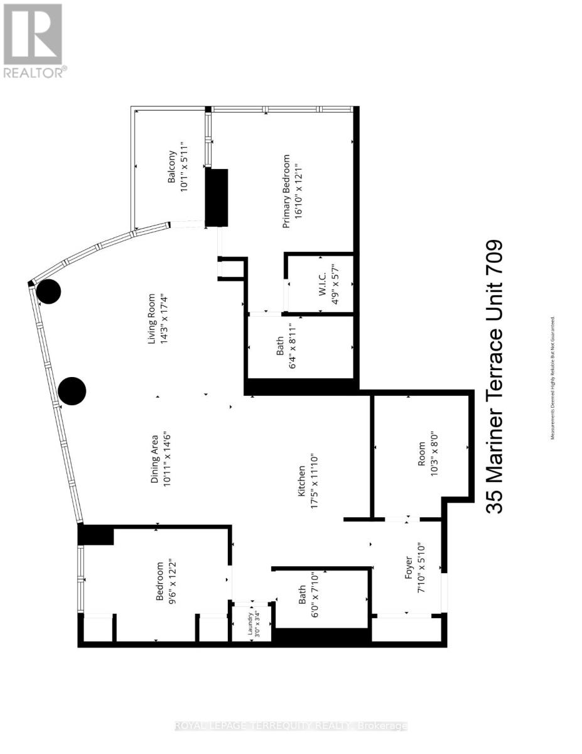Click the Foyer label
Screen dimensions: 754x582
pyautogui.click(x=409, y=571)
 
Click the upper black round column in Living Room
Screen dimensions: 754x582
pyautogui.click(x=48, y=292)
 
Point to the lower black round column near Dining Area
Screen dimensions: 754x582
pyautogui.click(x=72, y=391)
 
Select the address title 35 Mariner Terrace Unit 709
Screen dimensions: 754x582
pyautogui.click(x=495, y=377)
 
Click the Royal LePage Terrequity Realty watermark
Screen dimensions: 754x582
pyautogui.click(x=291, y=726)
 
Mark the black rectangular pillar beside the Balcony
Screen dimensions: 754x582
pyautogui.click(x=217, y=197)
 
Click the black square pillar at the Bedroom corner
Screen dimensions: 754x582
pyautogui.click(x=95, y=535)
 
